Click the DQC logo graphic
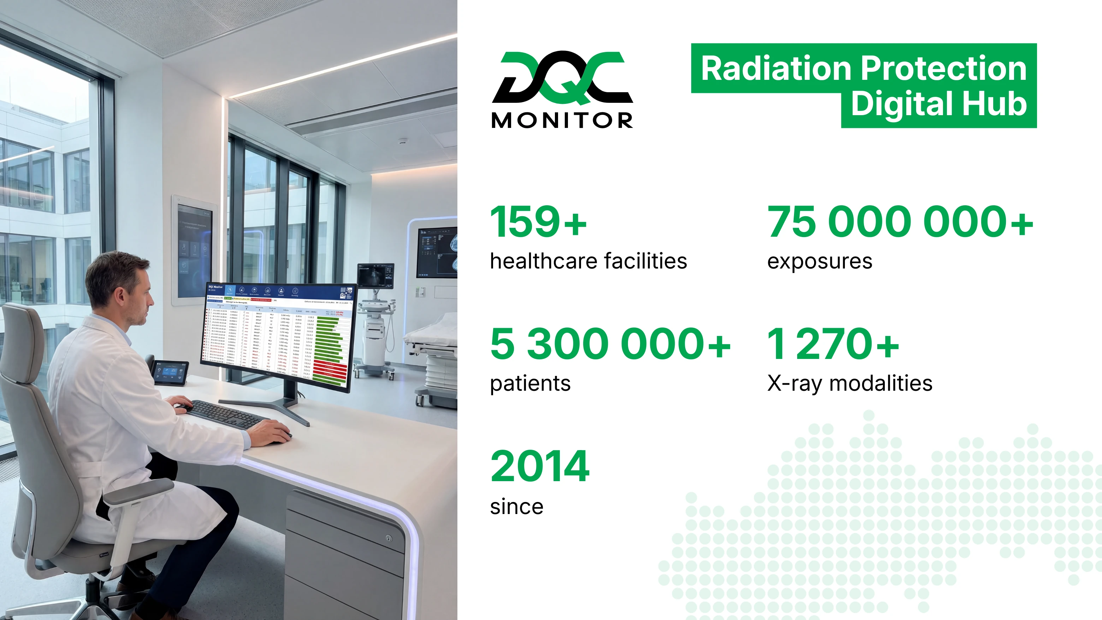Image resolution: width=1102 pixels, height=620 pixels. click(562, 78)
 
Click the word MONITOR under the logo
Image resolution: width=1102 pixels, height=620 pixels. click(562, 121)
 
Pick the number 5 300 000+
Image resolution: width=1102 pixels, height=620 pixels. click(610, 344)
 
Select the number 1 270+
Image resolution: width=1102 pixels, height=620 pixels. click(833, 344)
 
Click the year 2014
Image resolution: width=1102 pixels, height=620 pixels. click(540, 466)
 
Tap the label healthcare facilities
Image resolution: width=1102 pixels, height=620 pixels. click(588, 261)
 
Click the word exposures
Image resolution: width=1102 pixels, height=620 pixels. click(819, 261)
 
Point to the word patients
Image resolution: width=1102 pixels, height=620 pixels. click(530, 383)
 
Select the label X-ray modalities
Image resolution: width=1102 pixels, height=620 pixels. click(849, 383)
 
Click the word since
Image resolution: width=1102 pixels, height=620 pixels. click(516, 507)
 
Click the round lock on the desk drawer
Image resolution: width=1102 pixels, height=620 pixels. click(389, 538)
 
